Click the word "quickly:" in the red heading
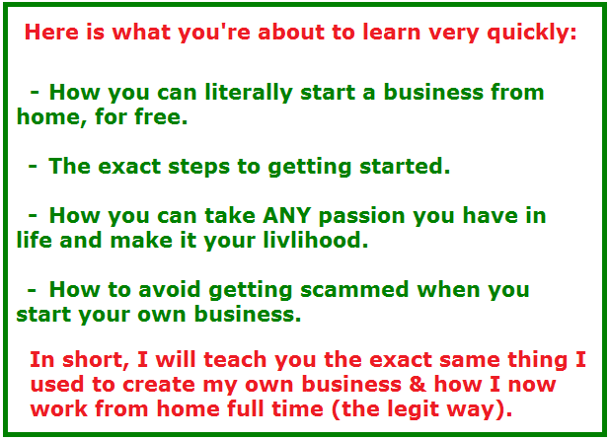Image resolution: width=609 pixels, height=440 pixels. pos(532,33)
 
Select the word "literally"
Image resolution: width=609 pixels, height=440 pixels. pos(249,94)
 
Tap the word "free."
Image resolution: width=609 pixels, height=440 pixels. pos(161,116)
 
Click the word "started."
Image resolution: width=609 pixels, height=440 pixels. pos(405,166)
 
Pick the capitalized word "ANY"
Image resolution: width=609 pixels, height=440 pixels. pos(286,215)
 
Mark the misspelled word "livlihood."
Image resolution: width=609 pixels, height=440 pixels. pos(316,240)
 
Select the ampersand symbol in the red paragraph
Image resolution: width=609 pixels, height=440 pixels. pos(418,384)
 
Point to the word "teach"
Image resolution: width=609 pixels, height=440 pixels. pos(236,360)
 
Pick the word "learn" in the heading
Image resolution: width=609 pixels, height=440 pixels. pos(392,32)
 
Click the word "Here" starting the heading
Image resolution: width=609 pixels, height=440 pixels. pos(51,32)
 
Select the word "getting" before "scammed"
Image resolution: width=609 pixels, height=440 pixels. pos(251,291)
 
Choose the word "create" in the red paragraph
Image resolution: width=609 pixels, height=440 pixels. pos(159,384)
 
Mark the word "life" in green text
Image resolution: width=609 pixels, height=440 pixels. pos(35,240)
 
